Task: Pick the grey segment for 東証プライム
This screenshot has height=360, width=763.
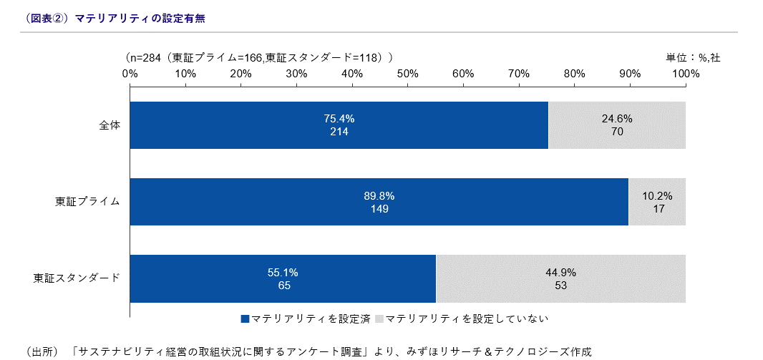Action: [x=657, y=202]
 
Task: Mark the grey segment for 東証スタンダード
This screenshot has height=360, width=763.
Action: [x=560, y=278]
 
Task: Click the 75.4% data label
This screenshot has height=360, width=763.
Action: [x=339, y=119]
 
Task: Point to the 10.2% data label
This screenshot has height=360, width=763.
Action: [x=657, y=195]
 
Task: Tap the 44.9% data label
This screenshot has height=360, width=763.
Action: [x=560, y=272]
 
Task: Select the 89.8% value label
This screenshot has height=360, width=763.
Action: [x=379, y=195]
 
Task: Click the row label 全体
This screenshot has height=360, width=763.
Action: [x=110, y=125]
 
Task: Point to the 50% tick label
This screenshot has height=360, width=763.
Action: [x=407, y=73]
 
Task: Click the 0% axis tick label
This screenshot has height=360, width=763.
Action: [x=130, y=73]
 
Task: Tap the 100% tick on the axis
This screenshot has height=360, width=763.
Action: [x=685, y=73]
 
